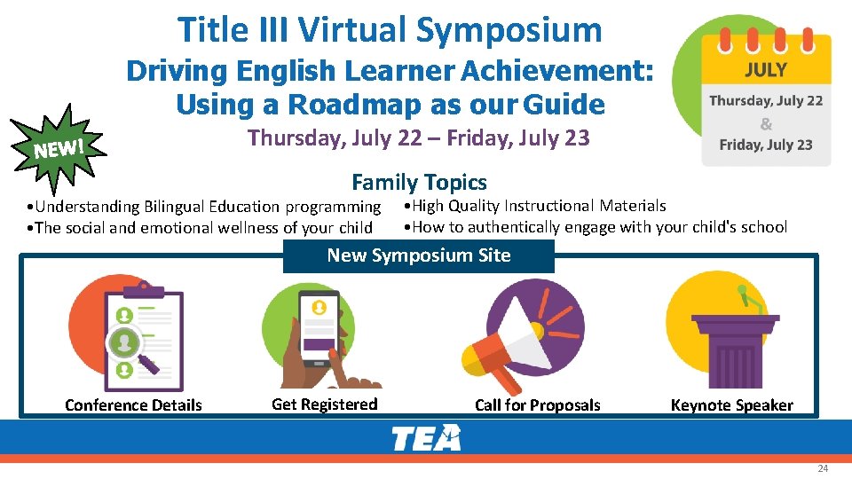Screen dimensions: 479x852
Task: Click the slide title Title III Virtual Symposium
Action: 390,29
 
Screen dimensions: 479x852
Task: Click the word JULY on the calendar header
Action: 765,69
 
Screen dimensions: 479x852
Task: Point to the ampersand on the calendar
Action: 766,123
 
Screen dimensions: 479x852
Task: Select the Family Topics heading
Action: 419,183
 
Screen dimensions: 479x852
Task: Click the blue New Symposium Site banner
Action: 418,255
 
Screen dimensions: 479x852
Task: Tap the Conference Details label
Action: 133,405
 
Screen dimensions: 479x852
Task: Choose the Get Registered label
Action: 324,404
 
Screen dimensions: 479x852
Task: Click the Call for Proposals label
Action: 537,405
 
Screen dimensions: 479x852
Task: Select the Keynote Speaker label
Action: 731,405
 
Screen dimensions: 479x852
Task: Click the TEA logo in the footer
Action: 426,437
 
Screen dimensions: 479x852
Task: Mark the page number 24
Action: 822,468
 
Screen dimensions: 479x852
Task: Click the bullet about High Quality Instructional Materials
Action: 534,206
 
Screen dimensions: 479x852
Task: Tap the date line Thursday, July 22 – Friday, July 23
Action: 418,138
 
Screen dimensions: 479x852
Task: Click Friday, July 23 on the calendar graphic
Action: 765,145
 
